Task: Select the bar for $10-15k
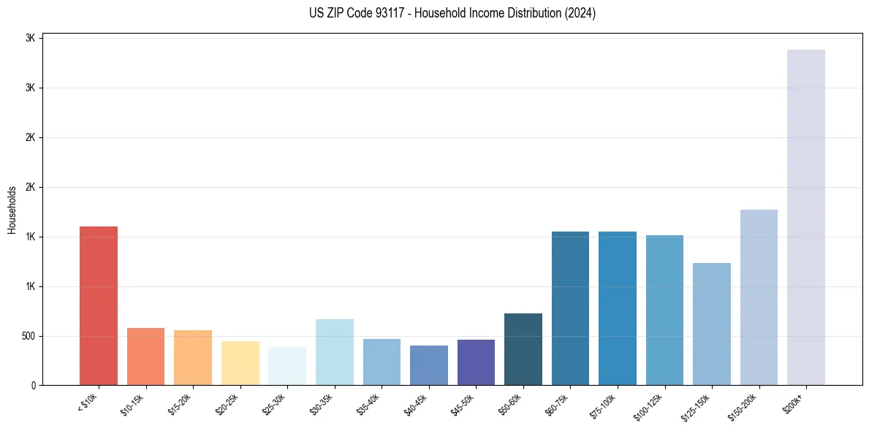coord(145,356)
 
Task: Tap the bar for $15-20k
coord(193,357)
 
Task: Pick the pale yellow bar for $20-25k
coord(240,363)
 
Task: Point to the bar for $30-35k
coord(335,352)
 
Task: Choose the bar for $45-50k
coord(476,362)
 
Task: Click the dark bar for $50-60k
coord(523,349)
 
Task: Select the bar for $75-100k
coord(618,308)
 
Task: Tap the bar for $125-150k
coord(712,324)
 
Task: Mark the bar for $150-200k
coord(759,297)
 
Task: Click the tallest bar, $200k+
coord(806,217)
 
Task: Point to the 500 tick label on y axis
coord(28,337)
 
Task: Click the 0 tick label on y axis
coord(33,386)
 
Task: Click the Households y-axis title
coord(12,210)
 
